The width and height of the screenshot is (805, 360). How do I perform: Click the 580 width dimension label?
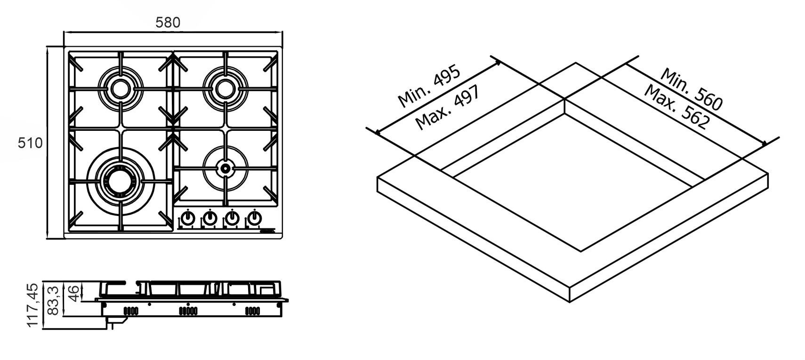(x=168, y=22)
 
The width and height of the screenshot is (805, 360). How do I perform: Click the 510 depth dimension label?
(x=30, y=143)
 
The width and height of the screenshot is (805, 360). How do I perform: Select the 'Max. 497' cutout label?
(x=447, y=108)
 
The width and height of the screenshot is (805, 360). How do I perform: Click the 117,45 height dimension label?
(x=32, y=305)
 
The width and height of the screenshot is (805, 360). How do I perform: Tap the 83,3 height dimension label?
(x=54, y=301)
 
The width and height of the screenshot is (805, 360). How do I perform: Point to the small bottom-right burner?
(x=225, y=168)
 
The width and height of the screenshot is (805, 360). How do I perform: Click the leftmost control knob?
(x=188, y=218)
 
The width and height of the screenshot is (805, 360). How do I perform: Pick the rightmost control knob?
(x=254, y=218)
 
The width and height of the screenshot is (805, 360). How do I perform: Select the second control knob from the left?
(x=210, y=218)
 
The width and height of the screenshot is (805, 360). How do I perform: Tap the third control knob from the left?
(x=232, y=218)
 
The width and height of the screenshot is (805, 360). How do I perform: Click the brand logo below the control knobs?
(x=266, y=231)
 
